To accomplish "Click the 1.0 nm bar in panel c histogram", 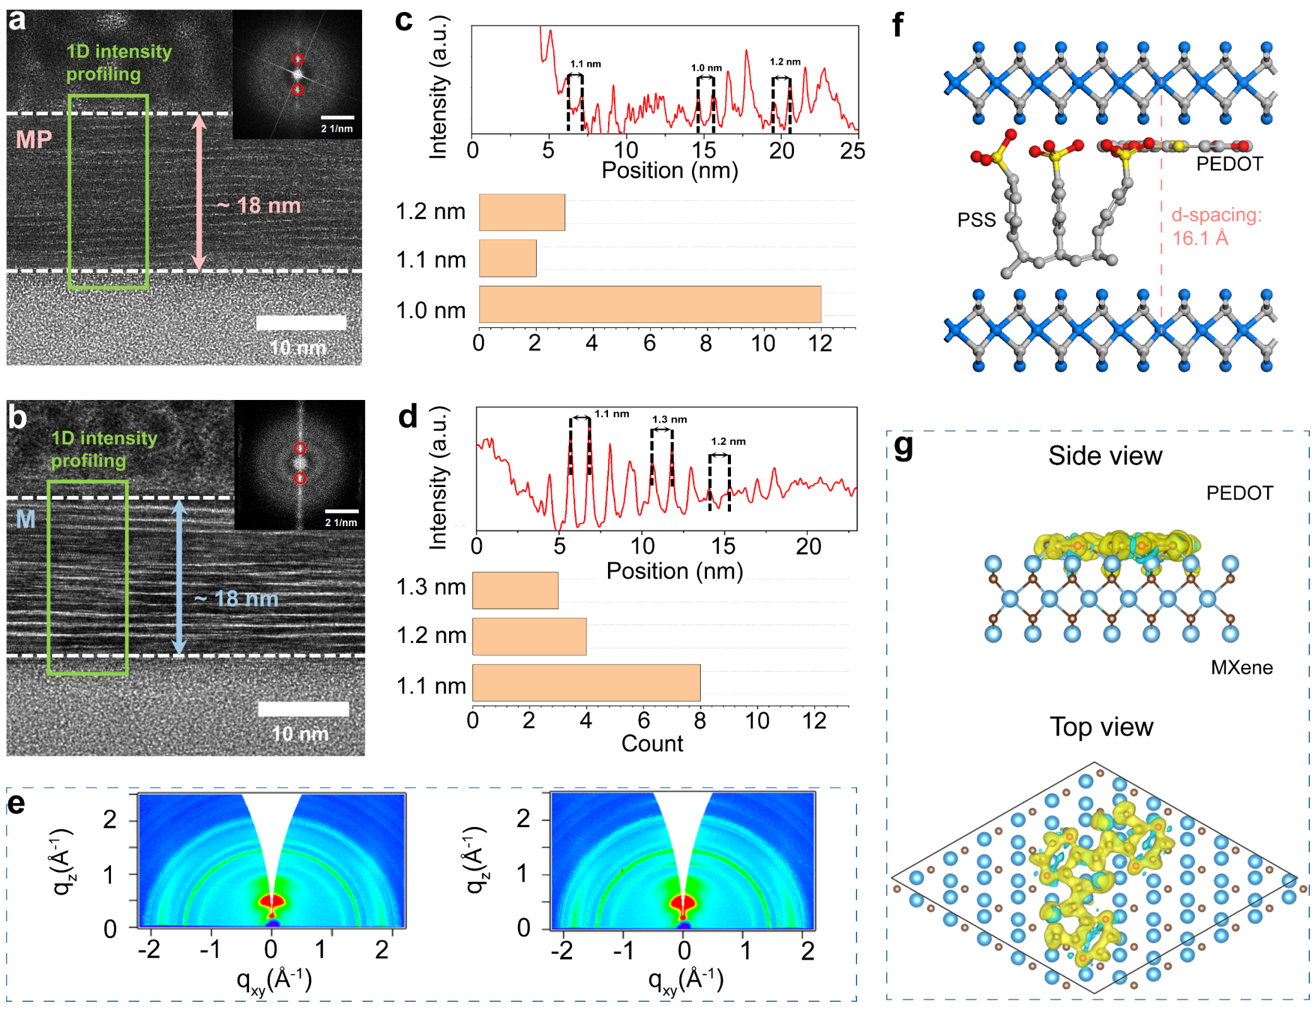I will pyautogui.click(x=650, y=304).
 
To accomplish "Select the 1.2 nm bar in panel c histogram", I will pyautogui.click(x=522, y=212).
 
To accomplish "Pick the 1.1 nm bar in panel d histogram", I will pyautogui.click(x=586, y=683).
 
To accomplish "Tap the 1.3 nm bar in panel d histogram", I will pyautogui.click(x=515, y=590).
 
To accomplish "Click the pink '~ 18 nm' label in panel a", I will pyautogui.click(x=259, y=206).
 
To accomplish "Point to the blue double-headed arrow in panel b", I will pyautogui.click(x=180, y=577).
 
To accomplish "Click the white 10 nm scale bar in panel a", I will pyautogui.click(x=301, y=323).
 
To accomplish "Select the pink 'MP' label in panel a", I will pyautogui.click(x=33, y=139).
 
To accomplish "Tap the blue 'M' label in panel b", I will pyautogui.click(x=25, y=519).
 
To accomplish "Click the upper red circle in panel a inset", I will pyautogui.click(x=298, y=59).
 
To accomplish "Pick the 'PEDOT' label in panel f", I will pyautogui.click(x=1229, y=164).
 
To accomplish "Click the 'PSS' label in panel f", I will pyautogui.click(x=976, y=220).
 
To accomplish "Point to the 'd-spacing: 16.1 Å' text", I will pyautogui.click(x=1216, y=226).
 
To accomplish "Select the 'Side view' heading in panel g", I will pyautogui.click(x=1105, y=456).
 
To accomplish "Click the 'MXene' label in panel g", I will pyautogui.click(x=1241, y=667).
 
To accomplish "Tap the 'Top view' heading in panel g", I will pyautogui.click(x=1101, y=727).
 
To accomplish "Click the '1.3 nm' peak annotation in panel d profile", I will pyautogui.click(x=669, y=420).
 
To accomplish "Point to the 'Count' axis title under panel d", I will pyautogui.click(x=652, y=743).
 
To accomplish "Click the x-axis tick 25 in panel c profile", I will pyautogui.click(x=853, y=151).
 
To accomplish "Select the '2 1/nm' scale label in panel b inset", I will pyautogui.click(x=341, y=522).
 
